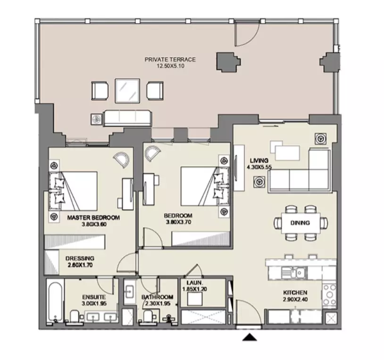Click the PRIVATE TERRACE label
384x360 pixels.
tap(170, 59)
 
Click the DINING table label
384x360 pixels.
tap(300, 223)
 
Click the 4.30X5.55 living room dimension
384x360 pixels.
tap(259, 167)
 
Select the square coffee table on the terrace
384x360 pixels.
tap(127, 90)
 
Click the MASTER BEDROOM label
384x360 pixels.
tap(93, 217)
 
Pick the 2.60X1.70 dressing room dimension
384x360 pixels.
tap(80, 265)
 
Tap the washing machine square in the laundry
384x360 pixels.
tap(195, 299)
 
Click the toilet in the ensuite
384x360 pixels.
tap(75, 317)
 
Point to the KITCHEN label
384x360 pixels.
tap(295, 293)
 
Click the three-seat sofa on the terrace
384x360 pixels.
tap(128, 118)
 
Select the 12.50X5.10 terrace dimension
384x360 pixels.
tap(170, 66)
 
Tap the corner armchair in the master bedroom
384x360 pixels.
tap(121, 160)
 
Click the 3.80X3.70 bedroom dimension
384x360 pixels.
tap(178, 222)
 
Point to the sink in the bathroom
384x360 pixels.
tap(129, 292)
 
